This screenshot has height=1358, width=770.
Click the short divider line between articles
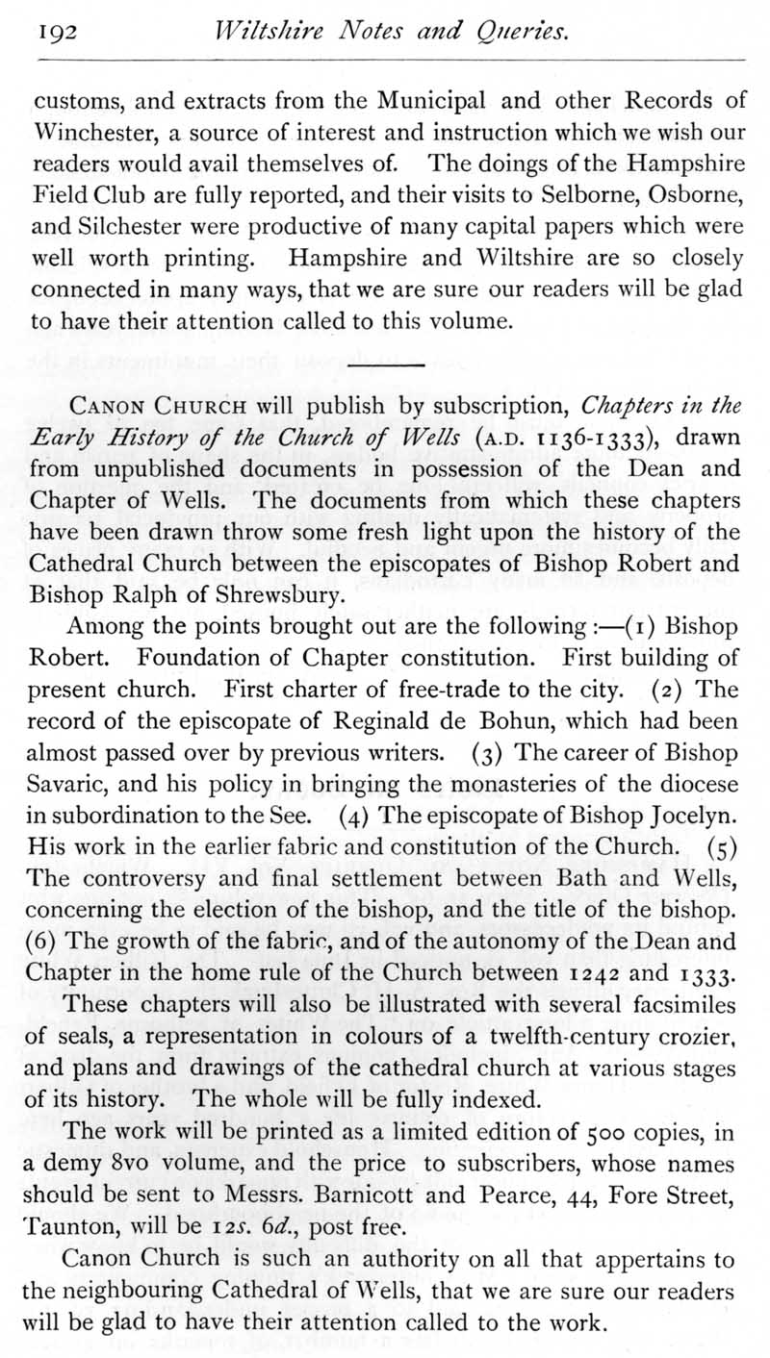[385, 365]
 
